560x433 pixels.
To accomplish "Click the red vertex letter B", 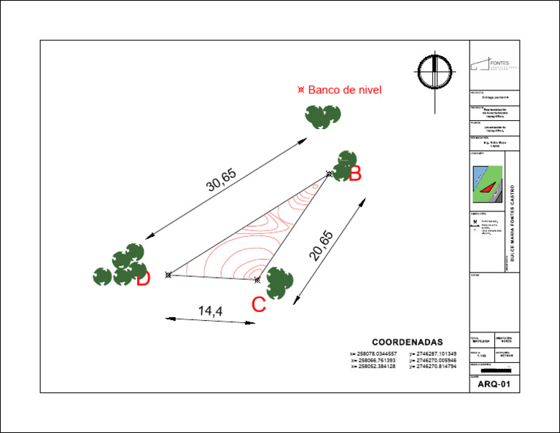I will click(x=355, y=174).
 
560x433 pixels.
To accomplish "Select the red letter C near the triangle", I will click(x=259, y=305).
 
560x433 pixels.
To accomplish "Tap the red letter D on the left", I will click(x=143, y=278).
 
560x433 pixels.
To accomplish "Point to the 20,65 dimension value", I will click(x=322, y=246).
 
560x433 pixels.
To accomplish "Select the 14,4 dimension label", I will click(x=210, y=311).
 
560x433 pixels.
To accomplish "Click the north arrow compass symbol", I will click(x=435, y=73).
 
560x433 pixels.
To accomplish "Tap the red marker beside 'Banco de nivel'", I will click(x=300, y=90).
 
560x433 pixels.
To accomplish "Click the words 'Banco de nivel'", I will click(x=344, y=90).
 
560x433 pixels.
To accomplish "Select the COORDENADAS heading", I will click(x=408, y=342).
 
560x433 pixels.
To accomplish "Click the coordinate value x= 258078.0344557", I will click(x=373, y=354).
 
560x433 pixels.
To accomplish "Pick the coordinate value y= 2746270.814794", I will click(x=433, y=366).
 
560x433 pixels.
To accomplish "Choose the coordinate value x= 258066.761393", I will click(x=373, y=360).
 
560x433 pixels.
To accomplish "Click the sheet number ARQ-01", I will click(x=494, y=384).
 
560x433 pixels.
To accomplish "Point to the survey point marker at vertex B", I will click(x=330, y=174).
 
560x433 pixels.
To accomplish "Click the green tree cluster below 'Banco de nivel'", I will click(x=322, y=116).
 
